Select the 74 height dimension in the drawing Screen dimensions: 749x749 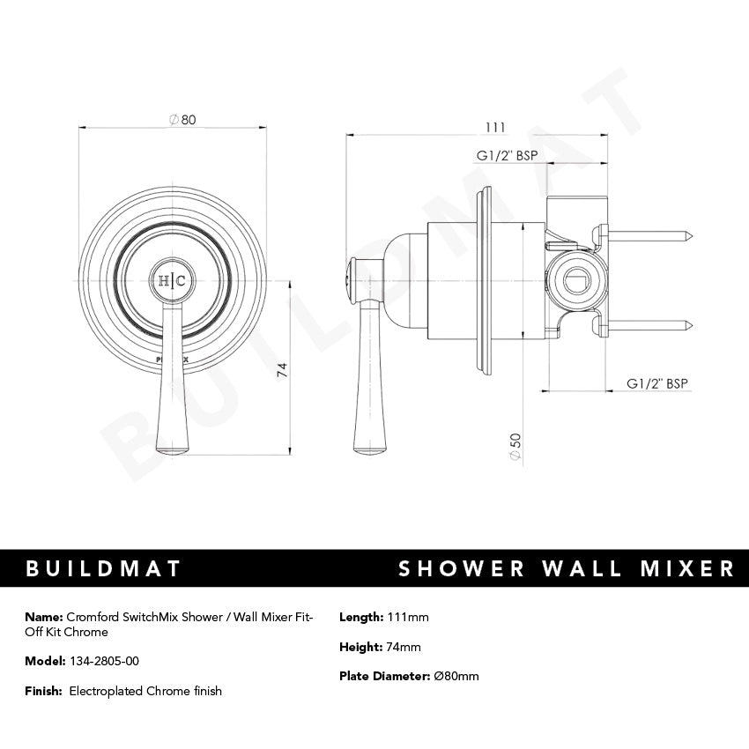[x=282, y=369]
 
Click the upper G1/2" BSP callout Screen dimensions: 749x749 [x=507, y=155]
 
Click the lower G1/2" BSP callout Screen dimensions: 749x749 [x=656, y=383]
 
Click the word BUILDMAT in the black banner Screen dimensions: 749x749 [x=103, y=568]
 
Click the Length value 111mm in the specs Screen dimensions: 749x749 [x=407, y=617]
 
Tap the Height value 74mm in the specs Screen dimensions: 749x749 [x=404, y=647]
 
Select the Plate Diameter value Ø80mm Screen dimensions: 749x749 [x=456, y=676]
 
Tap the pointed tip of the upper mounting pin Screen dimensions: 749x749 [x=695, y=235]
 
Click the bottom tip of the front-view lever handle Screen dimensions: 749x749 [x=172, y=451]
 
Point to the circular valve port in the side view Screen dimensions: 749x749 [x=567, y=282]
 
